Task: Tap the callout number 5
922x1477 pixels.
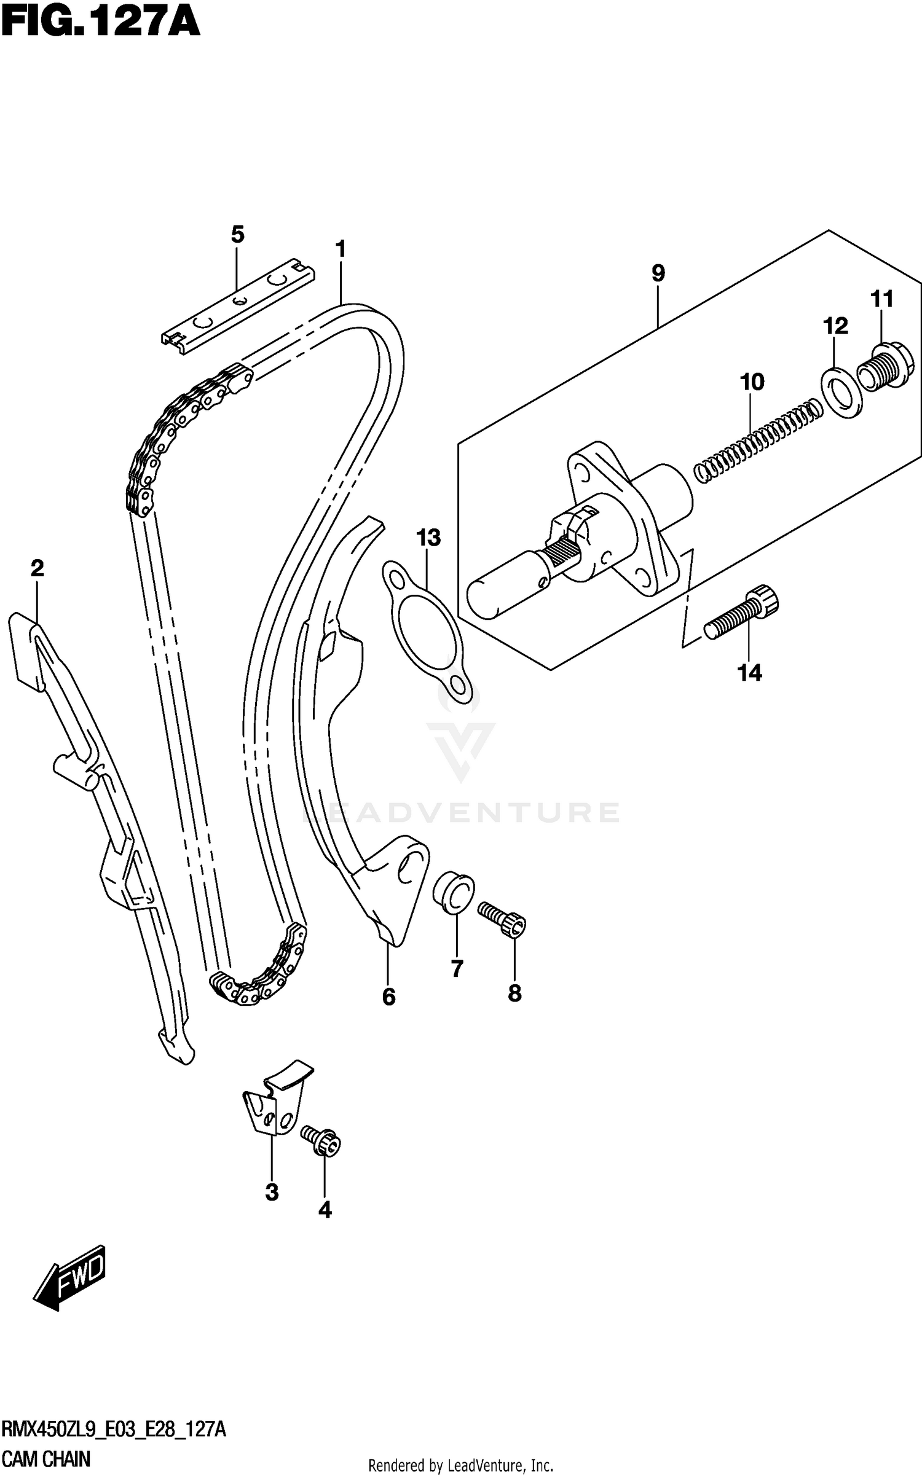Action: (x=238, y=234)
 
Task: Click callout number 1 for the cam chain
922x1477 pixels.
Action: (x=341, y=249)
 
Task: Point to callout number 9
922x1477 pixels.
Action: (x=658, y=273)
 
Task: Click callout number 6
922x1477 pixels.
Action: (x=388, y=997)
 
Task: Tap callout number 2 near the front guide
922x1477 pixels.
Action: (x=37, y=568)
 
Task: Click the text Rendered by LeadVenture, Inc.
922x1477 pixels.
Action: (x=460, y=1465)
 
